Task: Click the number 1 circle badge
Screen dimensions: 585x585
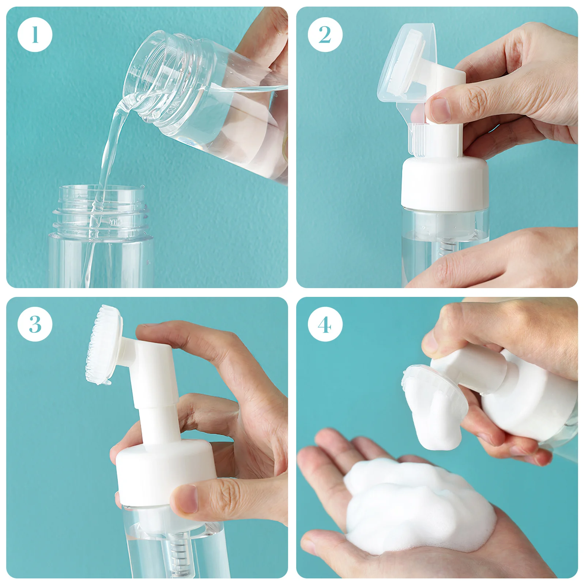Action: (35, 35)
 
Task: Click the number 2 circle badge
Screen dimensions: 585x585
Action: (325, 35)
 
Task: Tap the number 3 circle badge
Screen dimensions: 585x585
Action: (35, 324)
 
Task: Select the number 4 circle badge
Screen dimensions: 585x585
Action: (325, 324)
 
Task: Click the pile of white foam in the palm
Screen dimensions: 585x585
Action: (417, 508)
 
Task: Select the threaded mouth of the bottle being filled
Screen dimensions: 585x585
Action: (101, 212)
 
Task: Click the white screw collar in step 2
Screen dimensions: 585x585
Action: (444, 183)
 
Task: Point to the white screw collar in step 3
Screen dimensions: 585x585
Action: (161, 472)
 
